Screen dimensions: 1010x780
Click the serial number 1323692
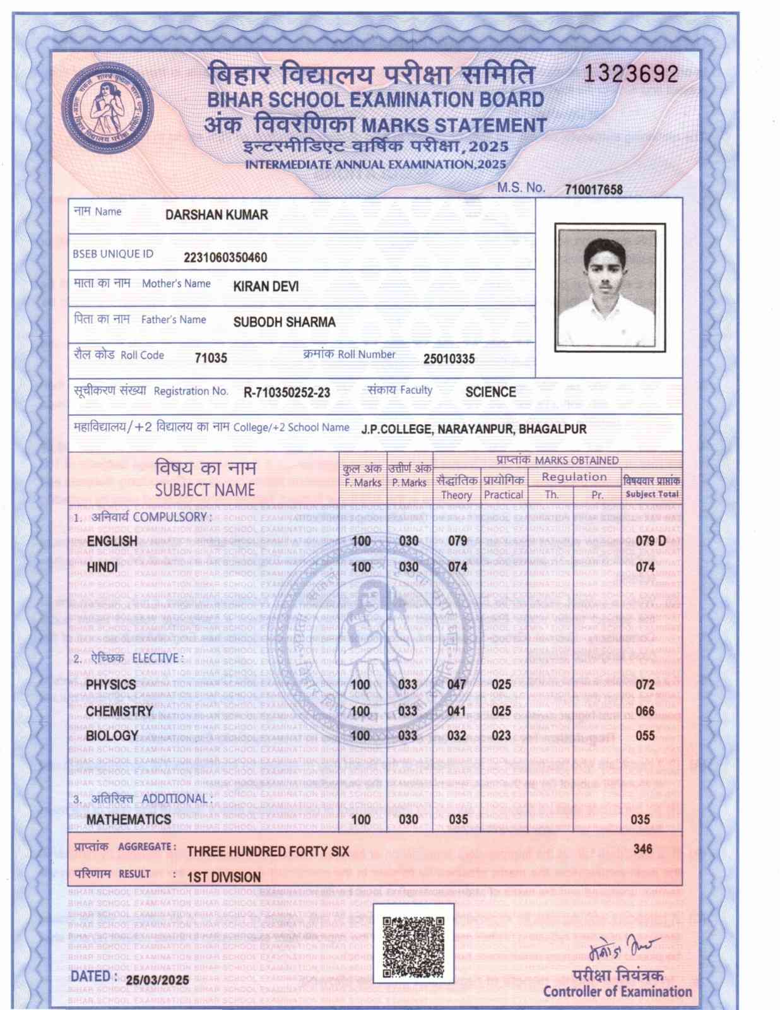point(630,74)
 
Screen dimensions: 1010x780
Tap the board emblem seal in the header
point(108,109)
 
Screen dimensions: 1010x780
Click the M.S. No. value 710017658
point(593,189)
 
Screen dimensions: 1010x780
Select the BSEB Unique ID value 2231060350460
point(225,258)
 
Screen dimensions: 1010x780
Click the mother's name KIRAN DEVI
point(266,287)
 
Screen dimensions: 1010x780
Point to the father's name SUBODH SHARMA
point(284,322)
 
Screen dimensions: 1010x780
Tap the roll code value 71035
point(211,358)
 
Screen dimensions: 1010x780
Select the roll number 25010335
point(449,359)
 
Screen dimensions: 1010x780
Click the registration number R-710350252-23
point(287,393)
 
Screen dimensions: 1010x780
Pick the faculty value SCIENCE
point(490,392)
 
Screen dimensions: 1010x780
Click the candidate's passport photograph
point(610,287)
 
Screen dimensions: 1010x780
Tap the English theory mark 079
point(457,541)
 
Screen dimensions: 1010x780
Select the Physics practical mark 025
point(501,684)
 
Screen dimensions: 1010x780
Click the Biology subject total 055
point(645,735)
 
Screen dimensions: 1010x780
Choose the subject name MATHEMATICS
point(129,819)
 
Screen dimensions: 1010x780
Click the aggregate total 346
point(642,849)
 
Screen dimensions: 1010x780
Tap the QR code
point(413,943)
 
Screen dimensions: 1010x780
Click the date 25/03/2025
point(157,980)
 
